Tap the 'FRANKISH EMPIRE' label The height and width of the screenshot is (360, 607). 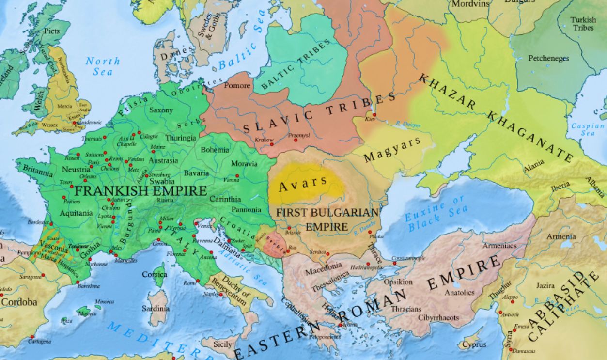(141, 190)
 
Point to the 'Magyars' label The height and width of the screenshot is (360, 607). (392, 150)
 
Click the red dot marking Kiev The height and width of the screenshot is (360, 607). (374, 115)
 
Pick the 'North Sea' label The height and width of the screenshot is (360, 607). (102, 66)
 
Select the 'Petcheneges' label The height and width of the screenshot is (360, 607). (548, 58)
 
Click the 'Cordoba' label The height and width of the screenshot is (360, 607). (19, 302)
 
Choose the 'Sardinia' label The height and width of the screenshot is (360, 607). (156, 308)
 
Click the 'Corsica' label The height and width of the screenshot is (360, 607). (154, 274)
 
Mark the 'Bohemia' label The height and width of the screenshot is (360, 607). (215, 150)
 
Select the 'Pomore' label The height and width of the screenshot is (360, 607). (237, 86)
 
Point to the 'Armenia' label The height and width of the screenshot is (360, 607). (561, 236)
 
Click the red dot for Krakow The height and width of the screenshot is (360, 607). (272, 144)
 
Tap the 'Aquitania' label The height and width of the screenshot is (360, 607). (76, 213)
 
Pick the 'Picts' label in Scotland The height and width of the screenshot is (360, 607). (51, 31)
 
